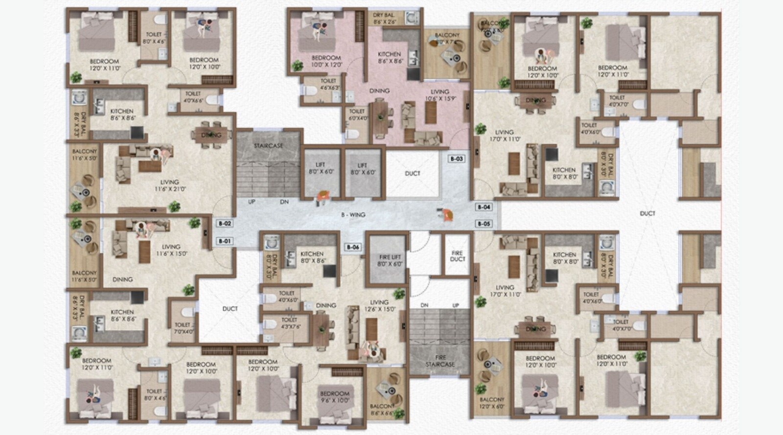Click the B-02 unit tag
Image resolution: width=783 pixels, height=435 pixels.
click(x=225, y=224)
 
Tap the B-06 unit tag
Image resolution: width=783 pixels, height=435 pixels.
click(x=353, y=247)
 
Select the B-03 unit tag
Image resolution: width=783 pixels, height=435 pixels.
click(x=456, y=159)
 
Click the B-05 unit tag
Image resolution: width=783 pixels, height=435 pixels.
click(x=484, y=224)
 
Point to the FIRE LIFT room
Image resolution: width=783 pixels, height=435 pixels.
click(x=390, y=260)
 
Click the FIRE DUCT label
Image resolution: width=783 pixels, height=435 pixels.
click(x=458, y=256)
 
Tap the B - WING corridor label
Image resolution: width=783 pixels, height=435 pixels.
click(x=353, y=215)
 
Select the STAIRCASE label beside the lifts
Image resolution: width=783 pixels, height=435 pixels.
click(x=268, y=146)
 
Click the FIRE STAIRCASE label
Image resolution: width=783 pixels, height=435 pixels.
click(x=439, y=361)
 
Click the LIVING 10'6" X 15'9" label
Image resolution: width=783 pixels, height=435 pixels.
click(x=439, y=95)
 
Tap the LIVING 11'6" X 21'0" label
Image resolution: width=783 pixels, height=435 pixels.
click(x=169, y=185)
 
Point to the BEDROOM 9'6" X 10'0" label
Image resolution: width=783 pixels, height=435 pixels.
click(x=335, y=397)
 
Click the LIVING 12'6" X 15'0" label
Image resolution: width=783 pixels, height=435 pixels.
click(x=379, y=306)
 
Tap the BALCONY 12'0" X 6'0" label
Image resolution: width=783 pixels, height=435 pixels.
click(x=492, y=403)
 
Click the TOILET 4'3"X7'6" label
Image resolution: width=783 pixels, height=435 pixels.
click(x=289, y=323)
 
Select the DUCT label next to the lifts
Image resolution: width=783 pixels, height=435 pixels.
click(x=413, y=173)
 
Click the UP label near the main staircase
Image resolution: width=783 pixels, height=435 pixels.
click(x=252, y=202)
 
